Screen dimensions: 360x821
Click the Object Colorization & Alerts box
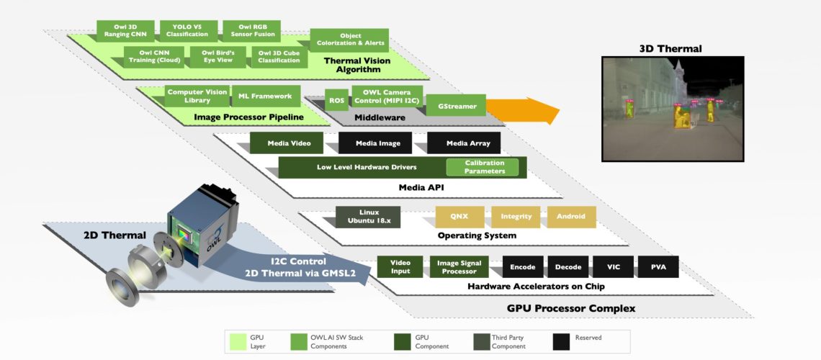pos(350,40)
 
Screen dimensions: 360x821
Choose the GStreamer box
pos(457,105)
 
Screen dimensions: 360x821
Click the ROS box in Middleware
pos(336,101)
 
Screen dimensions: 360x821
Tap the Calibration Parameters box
pos(484,167)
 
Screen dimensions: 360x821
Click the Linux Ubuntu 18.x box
pos(369,216)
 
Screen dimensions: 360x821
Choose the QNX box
pos(459,216)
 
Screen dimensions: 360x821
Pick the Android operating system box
pos(571,216)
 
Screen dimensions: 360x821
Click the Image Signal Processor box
pos(459,266)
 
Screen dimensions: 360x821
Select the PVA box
pos(658,267)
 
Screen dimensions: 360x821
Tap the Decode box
pos(567,267)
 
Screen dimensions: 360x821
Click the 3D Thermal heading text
pos(670,49)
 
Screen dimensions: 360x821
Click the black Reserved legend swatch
pos(562,341)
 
